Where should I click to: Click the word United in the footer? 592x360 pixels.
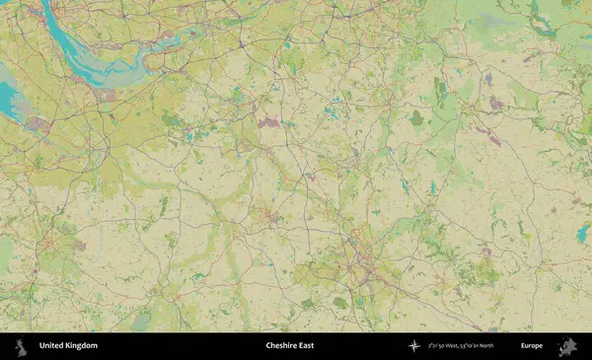[x=50, y=346]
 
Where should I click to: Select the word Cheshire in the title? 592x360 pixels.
[x=281, y=346]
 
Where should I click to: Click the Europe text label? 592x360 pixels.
[x=532, y=346]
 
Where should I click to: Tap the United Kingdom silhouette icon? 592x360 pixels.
[x=20, y=346]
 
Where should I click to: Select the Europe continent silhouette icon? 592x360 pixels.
[x=566, y=346]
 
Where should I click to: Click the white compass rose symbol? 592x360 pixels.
[x=413, y=346]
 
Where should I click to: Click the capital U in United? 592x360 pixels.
[x=41, y=346]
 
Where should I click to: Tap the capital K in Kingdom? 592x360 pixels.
[x=68, y=346]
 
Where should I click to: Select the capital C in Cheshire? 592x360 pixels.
[x=268, y=346]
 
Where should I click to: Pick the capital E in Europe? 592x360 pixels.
[x=523, y=346]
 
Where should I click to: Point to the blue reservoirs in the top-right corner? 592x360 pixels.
[x=542, y=15]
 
